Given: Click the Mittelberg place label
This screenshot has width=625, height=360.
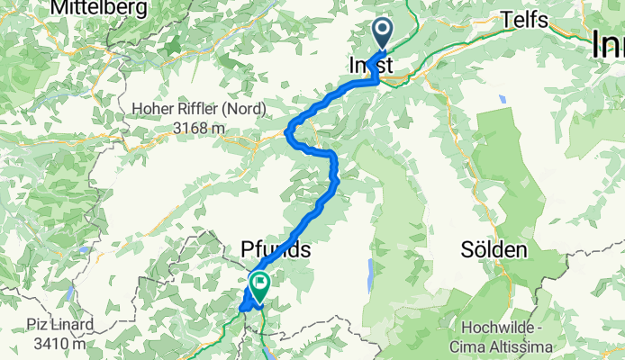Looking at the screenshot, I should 94,8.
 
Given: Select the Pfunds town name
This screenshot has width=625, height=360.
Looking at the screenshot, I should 276,249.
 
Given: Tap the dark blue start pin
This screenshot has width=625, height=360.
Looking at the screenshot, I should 383,35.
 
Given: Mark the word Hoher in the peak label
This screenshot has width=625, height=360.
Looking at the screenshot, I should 152,110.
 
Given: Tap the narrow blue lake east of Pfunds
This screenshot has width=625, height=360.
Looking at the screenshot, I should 369,273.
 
